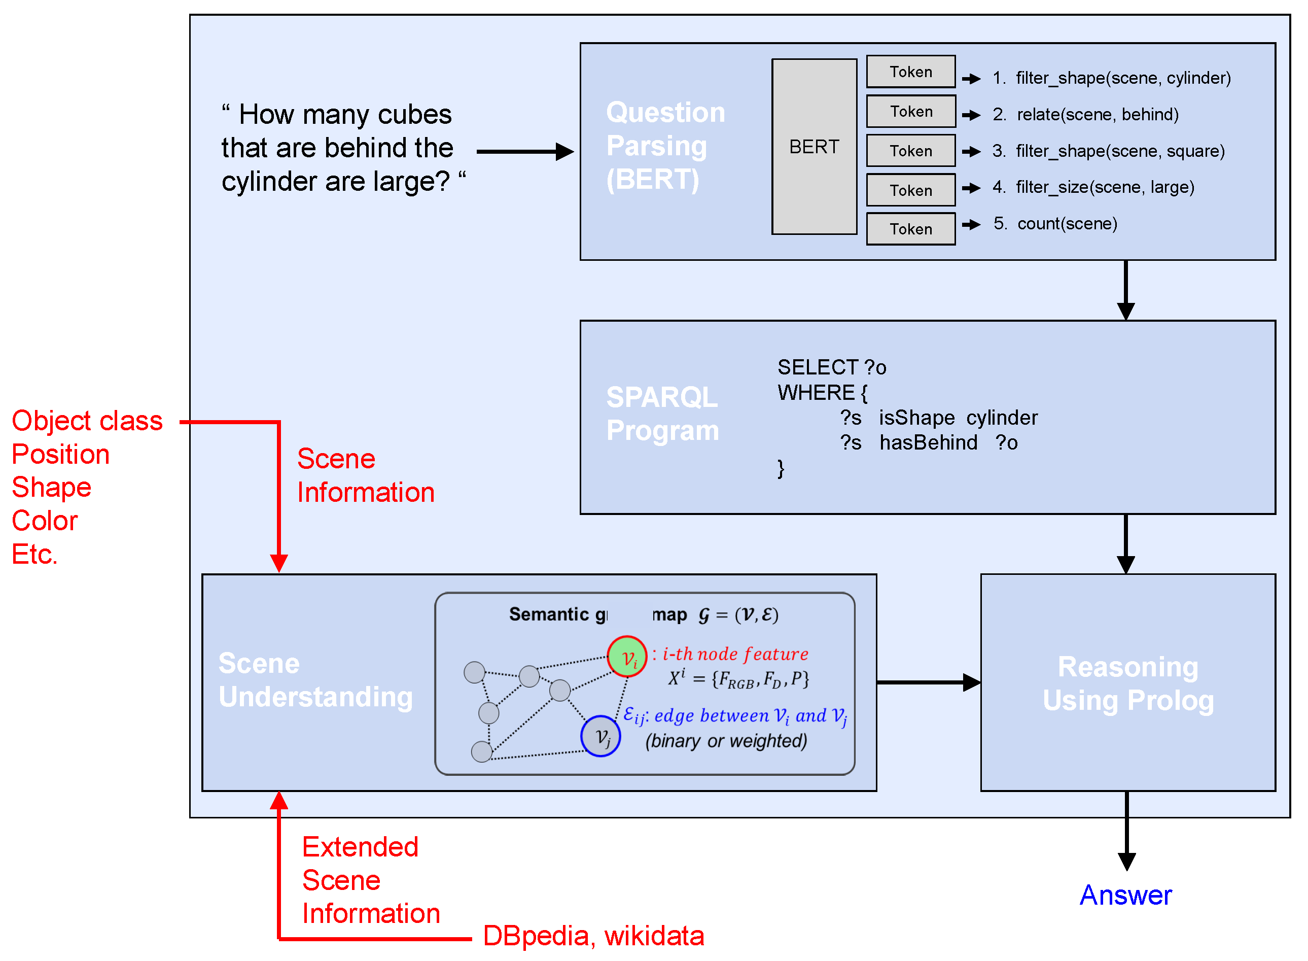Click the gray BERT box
tap(814, 147)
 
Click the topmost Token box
tap(910, 72)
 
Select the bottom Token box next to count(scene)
tap(910, 229)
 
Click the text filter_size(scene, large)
tap(1105, 187)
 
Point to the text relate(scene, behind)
tap(1097, 114)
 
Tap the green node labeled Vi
tap(627, 657)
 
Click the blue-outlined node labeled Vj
tap(600, 736)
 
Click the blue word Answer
tap(1125, 895)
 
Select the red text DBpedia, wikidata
tap(593, 936)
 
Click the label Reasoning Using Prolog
tap(1128, 683)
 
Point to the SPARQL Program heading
tap(662, 414)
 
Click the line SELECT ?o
tap(831, 367)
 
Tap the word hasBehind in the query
tap(929, 442)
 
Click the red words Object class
tap(87, 421)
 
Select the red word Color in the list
tap(45, 521)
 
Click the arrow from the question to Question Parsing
tap(523, 152)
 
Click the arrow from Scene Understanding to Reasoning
tap(928, 682)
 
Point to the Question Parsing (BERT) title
tap(665, 146)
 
